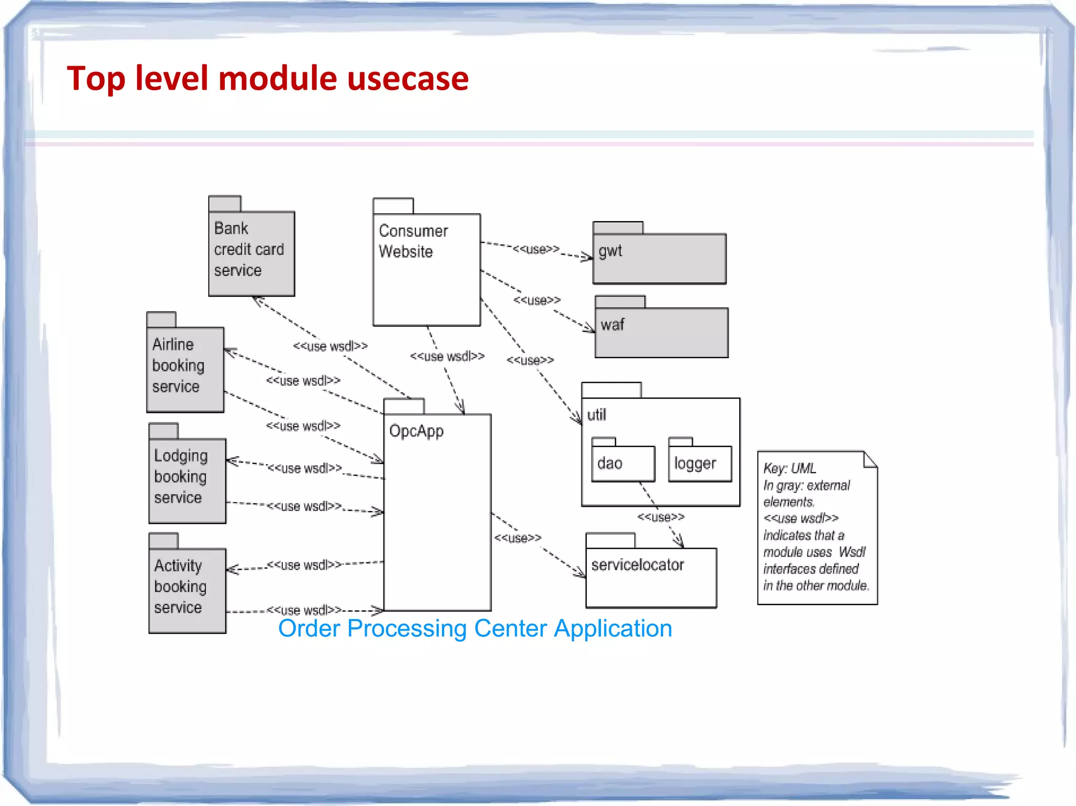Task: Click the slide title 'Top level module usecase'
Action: (x=267, y=79)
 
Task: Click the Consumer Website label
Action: (x=413, y=241)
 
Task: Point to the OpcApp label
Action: (x=416, y=431)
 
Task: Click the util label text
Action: (x=596, y=415)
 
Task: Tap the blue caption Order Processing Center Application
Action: (x=475, y=629)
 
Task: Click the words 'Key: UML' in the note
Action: (x=789, y=468)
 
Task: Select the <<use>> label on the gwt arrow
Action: (x=536, y=249)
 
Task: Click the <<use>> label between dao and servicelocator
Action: (x=660, y=517)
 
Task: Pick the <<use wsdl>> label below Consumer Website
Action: (x=447, y=357)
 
